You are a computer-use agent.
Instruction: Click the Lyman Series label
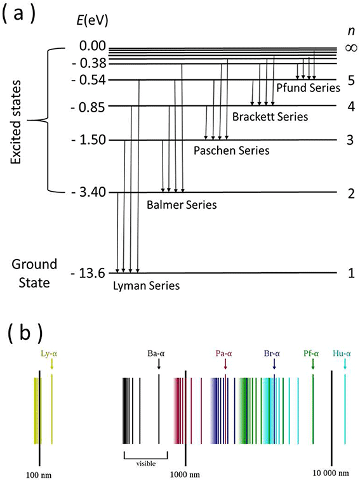click(147, 286)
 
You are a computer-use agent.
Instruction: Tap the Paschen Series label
click(231, 151)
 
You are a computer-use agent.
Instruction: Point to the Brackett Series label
click(270, 117)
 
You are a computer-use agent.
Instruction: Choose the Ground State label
click(34, 271)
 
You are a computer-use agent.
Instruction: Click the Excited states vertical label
click(17, 120)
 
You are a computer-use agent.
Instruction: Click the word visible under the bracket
click(145, 463)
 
